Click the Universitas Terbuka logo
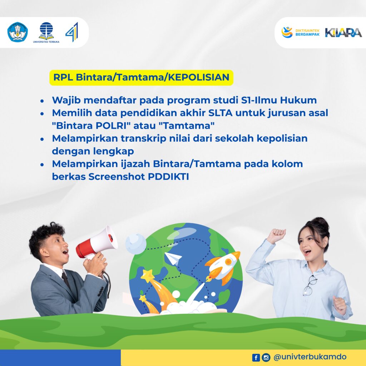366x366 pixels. point(46,33)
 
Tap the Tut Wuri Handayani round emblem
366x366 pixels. point(18,32)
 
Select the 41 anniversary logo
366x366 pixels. point(72,32)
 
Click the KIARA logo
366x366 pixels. point(343,33)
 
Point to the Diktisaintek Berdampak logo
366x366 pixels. point(300,33)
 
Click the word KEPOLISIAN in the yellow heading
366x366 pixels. point(199,77)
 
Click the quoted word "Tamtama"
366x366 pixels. point(187,125)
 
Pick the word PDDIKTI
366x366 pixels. point(168,177)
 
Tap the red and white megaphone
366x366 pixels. point(97,243)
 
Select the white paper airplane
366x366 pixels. point(173,258)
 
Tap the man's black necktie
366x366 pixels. point(66,280)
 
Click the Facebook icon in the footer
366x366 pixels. point(256,357)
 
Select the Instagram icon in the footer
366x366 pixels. point(266,357)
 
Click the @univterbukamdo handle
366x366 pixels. point(310,357)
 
